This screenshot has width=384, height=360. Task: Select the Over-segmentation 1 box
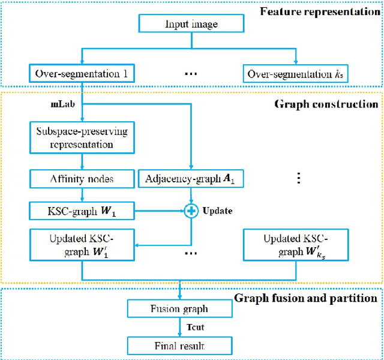(80, 75)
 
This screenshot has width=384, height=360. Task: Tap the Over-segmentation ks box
(296, 75)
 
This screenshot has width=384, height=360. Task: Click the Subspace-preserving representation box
(80, 139)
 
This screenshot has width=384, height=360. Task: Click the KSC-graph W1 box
(80, 211)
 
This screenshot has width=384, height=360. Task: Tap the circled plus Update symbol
(190, 211)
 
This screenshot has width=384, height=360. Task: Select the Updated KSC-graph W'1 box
(80, 245)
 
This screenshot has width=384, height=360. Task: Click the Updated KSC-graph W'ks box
(296, 245)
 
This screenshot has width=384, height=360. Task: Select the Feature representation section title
(322, 11)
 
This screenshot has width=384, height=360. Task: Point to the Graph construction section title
(334, 104)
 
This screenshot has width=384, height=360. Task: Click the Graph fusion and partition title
(306, 298)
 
